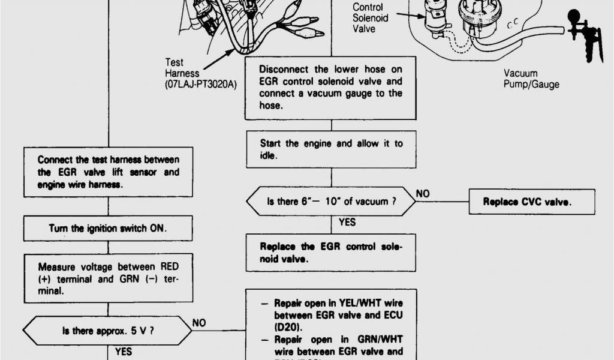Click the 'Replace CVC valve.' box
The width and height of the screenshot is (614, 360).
tap(528, 202)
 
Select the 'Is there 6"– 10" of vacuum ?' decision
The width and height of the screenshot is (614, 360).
tap(332, 202)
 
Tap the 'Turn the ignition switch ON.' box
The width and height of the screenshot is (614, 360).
tap(108, 228)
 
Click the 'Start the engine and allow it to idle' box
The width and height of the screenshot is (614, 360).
tap(331, 149)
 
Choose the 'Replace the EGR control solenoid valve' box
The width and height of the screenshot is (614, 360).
tap(331, 253)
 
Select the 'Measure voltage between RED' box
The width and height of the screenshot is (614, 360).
tap(108, 278)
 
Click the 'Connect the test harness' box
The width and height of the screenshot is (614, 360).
tap(108, 172)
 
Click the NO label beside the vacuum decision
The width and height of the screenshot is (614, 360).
tap(422, 193)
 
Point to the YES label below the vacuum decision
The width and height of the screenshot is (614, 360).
tap(347, 223)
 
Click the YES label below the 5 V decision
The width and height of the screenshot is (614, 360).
tap(124, 352)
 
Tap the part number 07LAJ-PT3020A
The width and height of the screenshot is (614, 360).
tap(201, 85)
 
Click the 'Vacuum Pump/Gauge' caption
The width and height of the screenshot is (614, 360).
tap(531, 79)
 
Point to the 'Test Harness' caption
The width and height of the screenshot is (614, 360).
tap(174, 68)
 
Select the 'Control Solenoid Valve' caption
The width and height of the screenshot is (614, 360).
tap(370, 18)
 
